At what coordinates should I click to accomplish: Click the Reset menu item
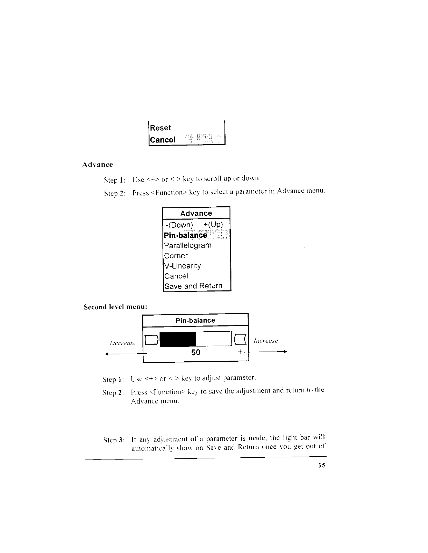[x=160, y=128]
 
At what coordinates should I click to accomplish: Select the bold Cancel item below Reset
[x=163, y=140]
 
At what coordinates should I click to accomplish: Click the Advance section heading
[x=98, y=164]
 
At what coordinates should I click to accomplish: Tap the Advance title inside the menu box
[x=196, y=213]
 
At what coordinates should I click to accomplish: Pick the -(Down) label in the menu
[x=179, y=224]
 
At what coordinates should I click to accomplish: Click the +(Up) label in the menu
[x=213, y=224]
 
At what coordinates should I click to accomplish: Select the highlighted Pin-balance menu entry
[x=186, y=235]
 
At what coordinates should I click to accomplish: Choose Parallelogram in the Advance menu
[x=188, y=245]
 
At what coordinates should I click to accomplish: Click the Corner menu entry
[x=176, y=256]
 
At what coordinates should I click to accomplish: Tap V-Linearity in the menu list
[x=183, y=266]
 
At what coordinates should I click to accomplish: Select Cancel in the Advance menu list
[x=176, y=276]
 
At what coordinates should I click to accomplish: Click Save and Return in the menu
[x=193, y=286]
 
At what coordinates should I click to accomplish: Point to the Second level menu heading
[x=115, y=307]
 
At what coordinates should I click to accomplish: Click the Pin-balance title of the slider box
[x=195, y=320]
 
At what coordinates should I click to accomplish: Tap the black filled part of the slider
[x=178, y=339]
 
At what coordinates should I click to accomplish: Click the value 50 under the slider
[x=196, y=352]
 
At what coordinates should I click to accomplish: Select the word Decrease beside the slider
[x=123, y=343]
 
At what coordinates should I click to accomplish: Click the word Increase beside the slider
[x=266, y=341]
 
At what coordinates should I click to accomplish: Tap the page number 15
[x=322, y=465]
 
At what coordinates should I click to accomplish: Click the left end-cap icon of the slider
[x=151, y=339]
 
